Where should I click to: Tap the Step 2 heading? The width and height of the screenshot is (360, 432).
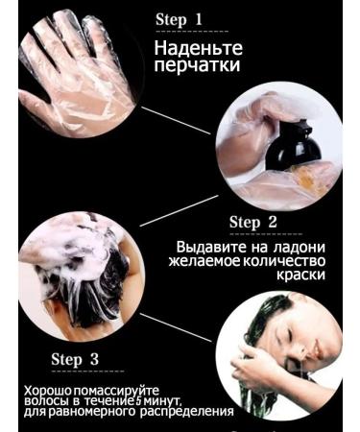(253, 223)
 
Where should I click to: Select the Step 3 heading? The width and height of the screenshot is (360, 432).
(75, 359)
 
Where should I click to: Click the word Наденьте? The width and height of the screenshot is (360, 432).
(199, 48)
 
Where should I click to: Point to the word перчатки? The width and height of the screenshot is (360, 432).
(198, 66)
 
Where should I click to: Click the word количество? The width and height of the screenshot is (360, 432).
(285, 260)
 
